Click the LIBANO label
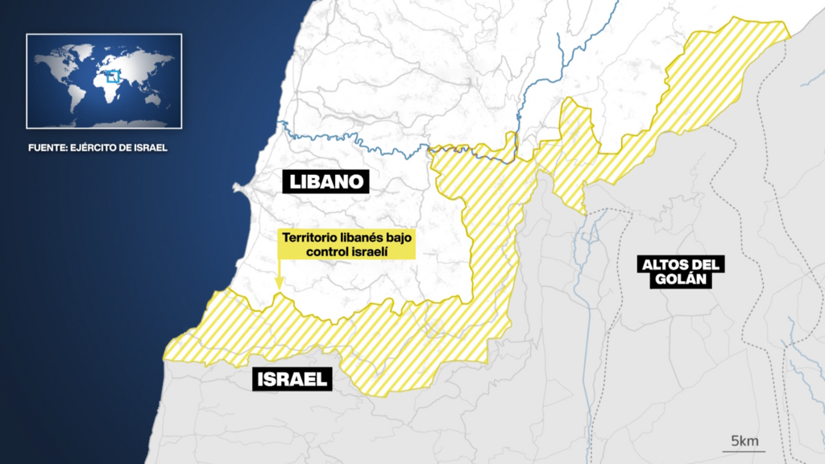coord(325,181)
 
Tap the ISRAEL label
coord(293,379)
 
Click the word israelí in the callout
coord(371,251)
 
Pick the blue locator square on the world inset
coord(113,77)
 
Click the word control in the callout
coord(329,251)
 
